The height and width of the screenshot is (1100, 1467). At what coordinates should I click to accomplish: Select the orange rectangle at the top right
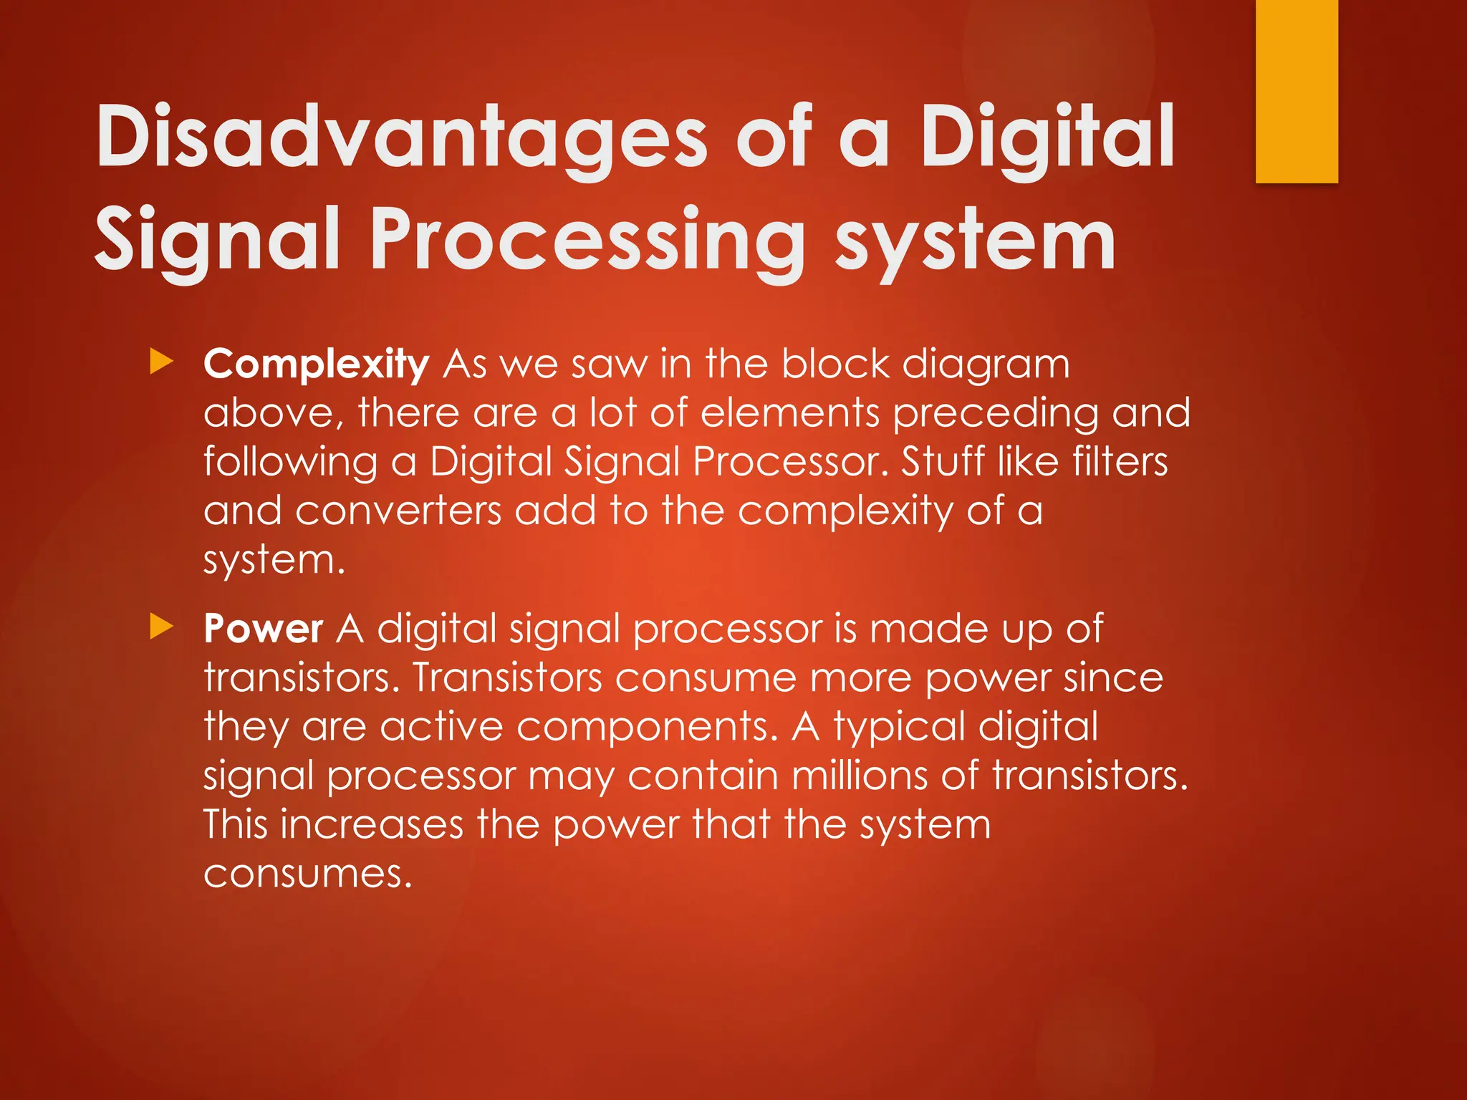(x=1297, y=91)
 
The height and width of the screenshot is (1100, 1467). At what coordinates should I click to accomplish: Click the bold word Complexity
(x=316, y=365)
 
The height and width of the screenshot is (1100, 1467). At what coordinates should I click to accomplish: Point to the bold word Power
(x=263, y=629)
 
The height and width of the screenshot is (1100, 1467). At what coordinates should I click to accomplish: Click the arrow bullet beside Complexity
(x=162, y=362)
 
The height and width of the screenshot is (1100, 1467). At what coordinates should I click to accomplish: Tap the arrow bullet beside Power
(x=162, y=627)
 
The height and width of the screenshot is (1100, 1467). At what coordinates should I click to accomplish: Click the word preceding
(x=995, y=414)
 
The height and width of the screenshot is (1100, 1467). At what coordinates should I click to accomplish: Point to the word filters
(x=1120, y=462)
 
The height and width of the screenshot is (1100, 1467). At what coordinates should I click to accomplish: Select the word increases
(x=372, y=825)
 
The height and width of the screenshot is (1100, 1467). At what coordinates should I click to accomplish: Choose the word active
(x=442, y=727)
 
